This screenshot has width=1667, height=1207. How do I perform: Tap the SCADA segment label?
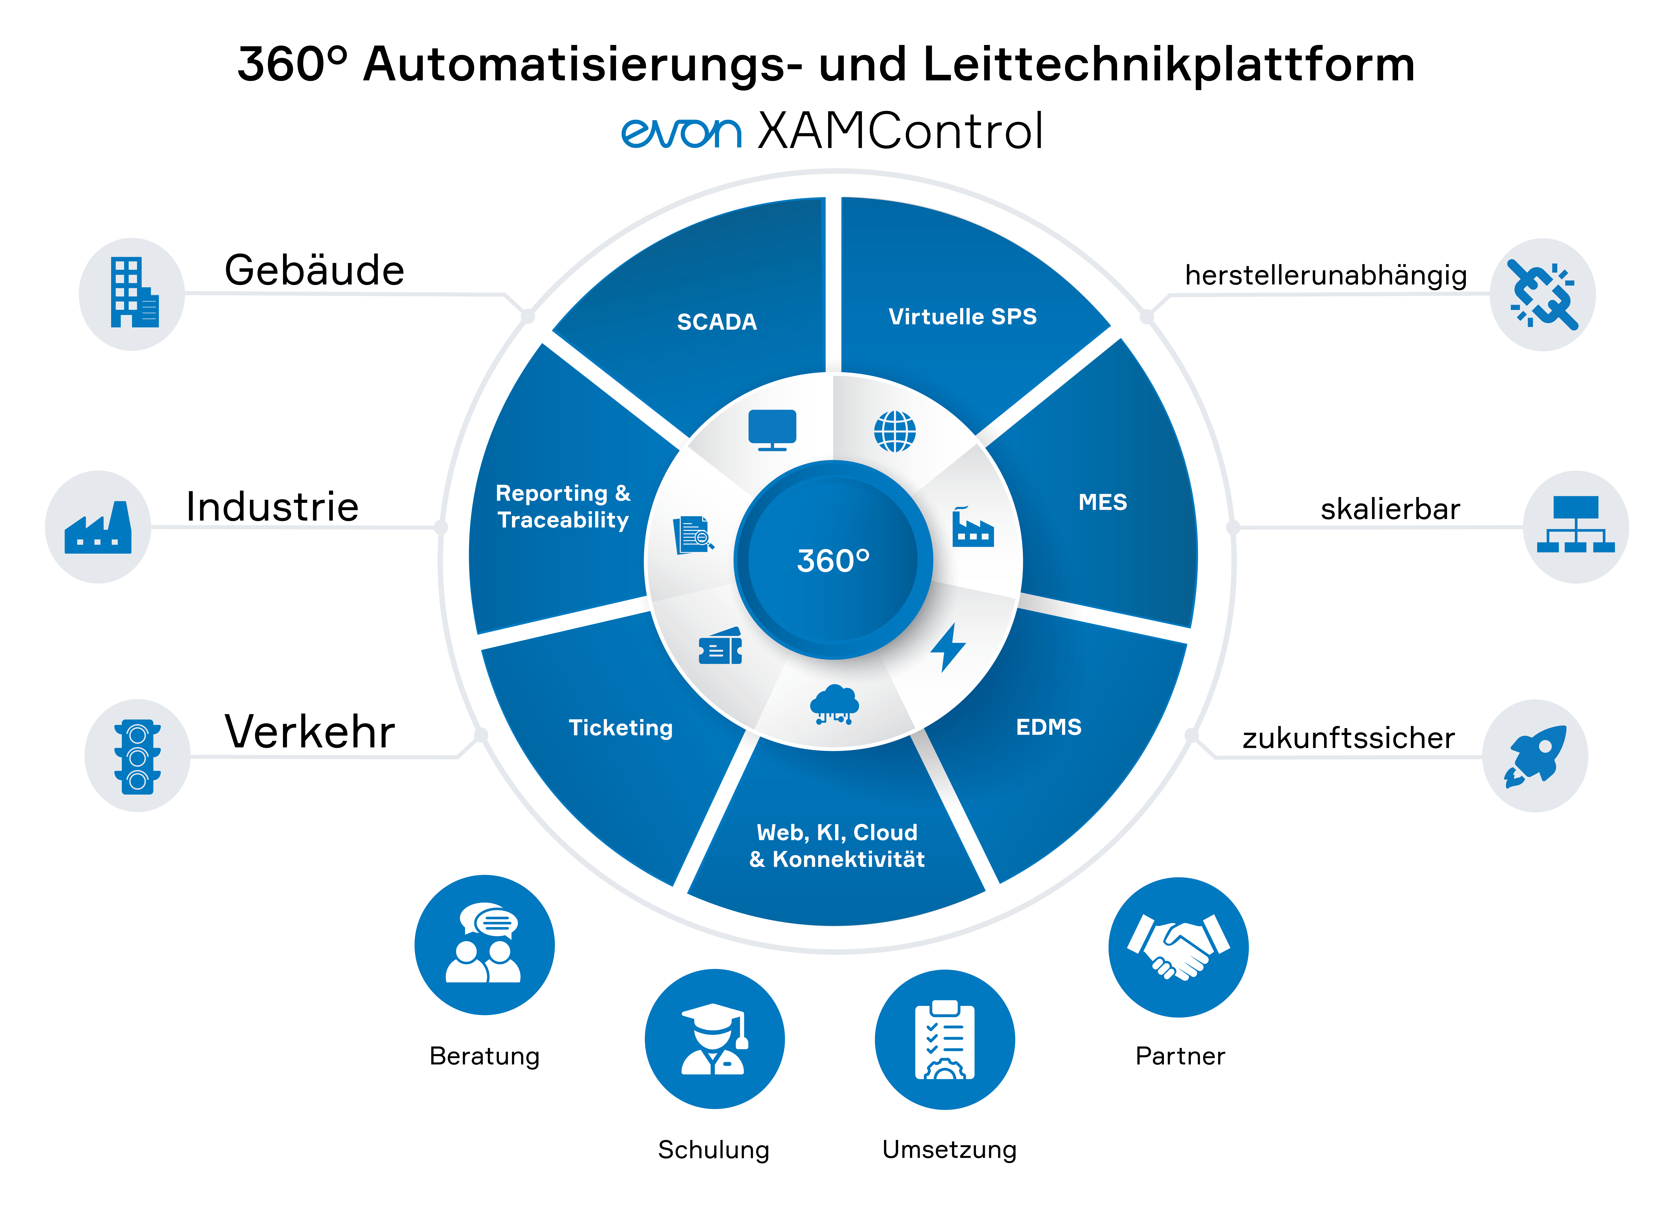pos(717,322)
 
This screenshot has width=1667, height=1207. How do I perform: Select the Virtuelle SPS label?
pos(962,317)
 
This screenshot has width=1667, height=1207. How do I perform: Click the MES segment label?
pos(1102,503)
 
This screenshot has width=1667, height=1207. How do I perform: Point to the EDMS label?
pos(1048,727)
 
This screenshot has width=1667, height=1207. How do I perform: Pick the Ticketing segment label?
pos(620,728)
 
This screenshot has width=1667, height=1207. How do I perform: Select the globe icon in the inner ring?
pos(894,431)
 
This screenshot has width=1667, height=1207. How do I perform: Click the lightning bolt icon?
pos(948,647)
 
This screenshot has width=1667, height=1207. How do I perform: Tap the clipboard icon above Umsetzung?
pos(945,1040)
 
